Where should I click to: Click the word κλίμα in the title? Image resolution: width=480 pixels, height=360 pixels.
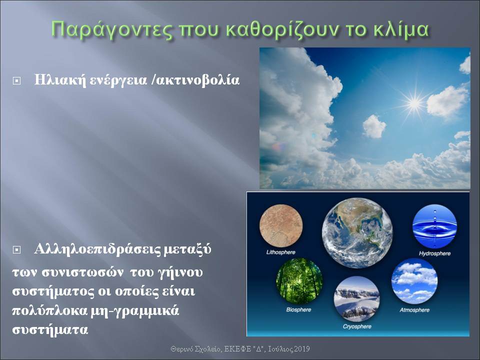400,29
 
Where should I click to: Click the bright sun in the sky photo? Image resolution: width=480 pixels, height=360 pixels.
414,103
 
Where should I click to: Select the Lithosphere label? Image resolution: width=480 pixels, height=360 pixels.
280,252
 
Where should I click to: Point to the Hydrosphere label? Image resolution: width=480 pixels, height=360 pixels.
434,253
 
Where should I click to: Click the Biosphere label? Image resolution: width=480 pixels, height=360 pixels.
299,310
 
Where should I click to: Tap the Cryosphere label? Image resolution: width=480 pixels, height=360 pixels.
357,326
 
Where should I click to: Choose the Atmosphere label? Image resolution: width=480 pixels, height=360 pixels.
414,310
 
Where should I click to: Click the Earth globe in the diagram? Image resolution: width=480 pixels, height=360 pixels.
357,233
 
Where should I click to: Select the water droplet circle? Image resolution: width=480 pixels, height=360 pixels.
434,226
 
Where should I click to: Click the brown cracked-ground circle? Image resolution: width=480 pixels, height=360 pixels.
281,226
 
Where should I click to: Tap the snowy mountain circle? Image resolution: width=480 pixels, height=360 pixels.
356,299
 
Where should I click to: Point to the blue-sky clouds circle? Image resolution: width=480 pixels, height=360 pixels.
414,281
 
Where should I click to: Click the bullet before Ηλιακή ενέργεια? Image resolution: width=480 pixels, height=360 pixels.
17,81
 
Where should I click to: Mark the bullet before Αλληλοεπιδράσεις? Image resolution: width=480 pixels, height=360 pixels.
17,250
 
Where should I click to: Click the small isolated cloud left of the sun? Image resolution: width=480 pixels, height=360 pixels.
374,126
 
